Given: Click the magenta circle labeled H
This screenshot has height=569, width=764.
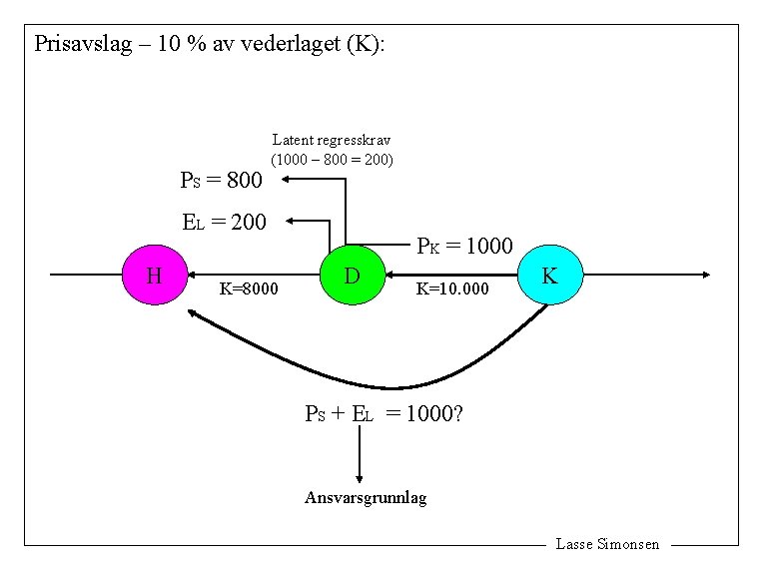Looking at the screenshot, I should tap(154, 274).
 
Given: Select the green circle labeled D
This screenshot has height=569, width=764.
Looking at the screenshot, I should tap(352, 274).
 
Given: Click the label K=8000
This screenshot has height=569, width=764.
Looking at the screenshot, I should tap(249, 289).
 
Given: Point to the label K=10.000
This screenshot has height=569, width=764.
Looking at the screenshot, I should tap(452, 289).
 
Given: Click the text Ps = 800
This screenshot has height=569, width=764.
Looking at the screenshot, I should tap(221, 181).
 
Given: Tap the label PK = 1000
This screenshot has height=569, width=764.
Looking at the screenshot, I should tap(464, 246).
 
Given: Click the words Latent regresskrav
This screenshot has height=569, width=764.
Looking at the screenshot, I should tap(332, 141).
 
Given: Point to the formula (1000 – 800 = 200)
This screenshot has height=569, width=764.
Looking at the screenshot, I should tap(332, 159).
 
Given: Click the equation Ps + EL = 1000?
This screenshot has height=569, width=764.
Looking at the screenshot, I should tap(382, 413).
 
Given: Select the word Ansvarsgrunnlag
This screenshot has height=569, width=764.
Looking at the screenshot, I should tap(365, 497).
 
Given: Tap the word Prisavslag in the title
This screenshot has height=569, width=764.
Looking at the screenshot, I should tap(82, 45).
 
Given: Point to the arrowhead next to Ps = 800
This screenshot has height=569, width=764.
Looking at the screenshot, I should tap(285, 179).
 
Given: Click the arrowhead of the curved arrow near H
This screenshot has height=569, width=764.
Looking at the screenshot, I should tap(192, 313).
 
